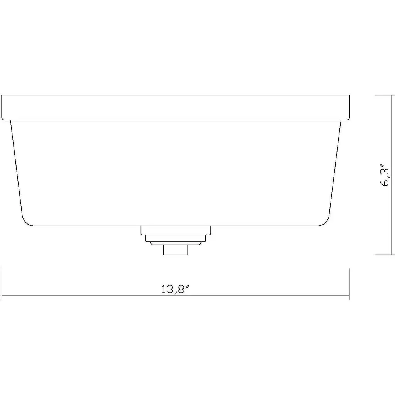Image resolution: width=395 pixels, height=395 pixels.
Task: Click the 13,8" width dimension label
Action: click(175, 289)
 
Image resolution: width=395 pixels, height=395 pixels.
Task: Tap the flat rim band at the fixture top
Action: click(176, 108)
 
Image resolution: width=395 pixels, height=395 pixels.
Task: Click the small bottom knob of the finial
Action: click(176, 250)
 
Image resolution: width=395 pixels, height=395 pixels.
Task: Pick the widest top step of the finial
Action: click(176, 230)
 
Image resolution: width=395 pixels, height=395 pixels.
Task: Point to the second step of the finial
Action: click(176, 238)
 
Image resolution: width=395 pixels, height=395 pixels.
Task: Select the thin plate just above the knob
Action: click(176, 243)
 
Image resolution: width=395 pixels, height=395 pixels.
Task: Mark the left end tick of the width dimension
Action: click(2, 284)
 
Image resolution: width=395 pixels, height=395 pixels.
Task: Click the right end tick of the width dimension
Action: click(349, 284)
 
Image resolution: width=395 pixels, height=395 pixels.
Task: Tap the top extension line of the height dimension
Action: click(385, 95)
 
